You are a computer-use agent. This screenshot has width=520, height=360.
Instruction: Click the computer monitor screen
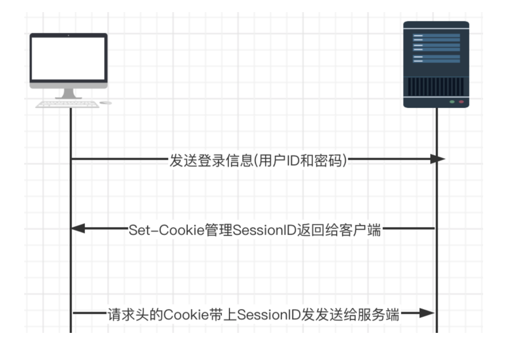pos(69,58)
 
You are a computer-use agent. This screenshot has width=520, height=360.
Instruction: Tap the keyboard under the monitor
pos(67,104)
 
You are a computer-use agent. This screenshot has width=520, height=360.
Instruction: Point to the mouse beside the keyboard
pos(106,103)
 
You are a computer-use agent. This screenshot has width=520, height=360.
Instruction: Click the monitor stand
pos(69,94)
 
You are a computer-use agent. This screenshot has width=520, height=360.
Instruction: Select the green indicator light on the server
pos(451,102)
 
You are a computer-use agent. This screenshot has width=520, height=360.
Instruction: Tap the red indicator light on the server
pos(461,102)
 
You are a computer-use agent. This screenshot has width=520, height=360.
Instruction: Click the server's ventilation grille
pos(436,87)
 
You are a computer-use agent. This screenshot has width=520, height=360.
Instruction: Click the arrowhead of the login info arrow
pos(438,159)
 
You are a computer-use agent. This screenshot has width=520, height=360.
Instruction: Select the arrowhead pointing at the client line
pos(78,228)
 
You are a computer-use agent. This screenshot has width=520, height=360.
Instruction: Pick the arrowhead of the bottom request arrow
pos(427,313)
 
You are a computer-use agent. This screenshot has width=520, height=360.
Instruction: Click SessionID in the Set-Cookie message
pos(264,230)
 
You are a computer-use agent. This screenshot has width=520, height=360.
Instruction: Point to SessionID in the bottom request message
pos(269,314)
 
